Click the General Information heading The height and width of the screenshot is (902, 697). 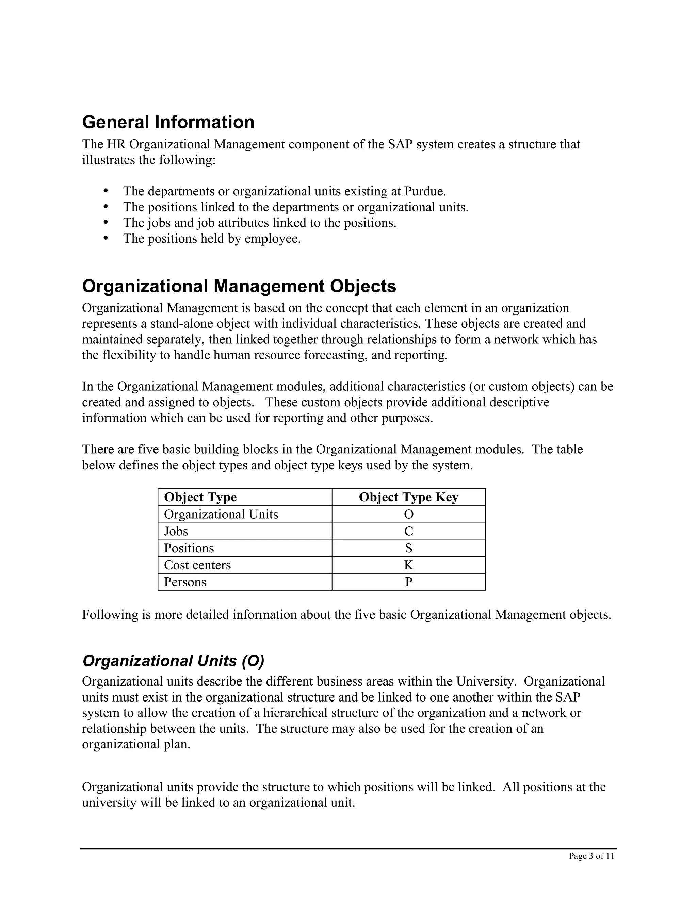pyautogui.click(x=168, y=122)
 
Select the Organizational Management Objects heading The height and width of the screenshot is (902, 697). pyautogui.click(x=239, y=286)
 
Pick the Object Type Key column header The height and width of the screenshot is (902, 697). pyautogui.click(x=408, y=497)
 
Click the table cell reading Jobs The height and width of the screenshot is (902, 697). pyautogui.click(x=176, y=531)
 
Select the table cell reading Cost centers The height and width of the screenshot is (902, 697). pyautogui.click(x=197, y=565)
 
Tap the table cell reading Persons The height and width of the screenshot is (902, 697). pyautogui.click(x=185, y=582)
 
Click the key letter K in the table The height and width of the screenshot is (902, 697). pyautogui.click(x=408, y=565)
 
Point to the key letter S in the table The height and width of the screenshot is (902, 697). pyautogui.click(x=408, y=548)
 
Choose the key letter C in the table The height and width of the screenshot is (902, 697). pyautogui.click(x=408, y=531)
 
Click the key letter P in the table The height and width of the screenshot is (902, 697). pyautogui.click(x=408, y=582)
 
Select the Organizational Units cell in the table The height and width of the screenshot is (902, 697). pyautogui.click(x=221, y=514)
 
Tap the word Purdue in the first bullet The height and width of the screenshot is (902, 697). pyautogui.click(x=424, y=192)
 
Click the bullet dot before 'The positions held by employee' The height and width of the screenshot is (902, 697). pyautogui.click(x=106, y=238)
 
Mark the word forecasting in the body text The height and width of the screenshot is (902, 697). pyautogui.click(x=335, y=355)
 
